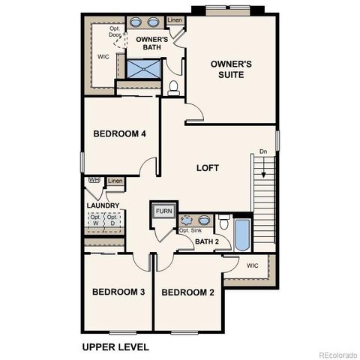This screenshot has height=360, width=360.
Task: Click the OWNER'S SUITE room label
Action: [230, 70]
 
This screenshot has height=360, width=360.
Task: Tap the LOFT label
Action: [207, 168]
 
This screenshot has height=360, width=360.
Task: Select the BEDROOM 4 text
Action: [119, 134]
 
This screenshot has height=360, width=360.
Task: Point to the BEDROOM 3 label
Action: [118, 292]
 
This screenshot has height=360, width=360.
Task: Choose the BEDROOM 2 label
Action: [188, 292]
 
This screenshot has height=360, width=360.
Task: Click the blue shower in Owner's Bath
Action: [142, 69]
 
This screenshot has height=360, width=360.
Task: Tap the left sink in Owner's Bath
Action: [137, 22]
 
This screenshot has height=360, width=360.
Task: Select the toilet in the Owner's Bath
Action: [174, 87]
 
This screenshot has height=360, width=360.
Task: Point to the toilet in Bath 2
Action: [223, 223]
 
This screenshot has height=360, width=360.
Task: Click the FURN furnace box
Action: [164, 211]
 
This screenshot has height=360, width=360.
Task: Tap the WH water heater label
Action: [94, 180]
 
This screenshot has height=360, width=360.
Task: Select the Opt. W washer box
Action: [95, 220]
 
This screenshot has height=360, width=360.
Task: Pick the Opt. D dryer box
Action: [113, 220]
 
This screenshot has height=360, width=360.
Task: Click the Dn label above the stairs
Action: [262, 151]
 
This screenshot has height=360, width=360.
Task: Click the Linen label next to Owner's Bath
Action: [174, 21]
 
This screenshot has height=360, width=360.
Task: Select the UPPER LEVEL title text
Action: [115, 347]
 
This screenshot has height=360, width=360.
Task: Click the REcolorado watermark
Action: [337, 355]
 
